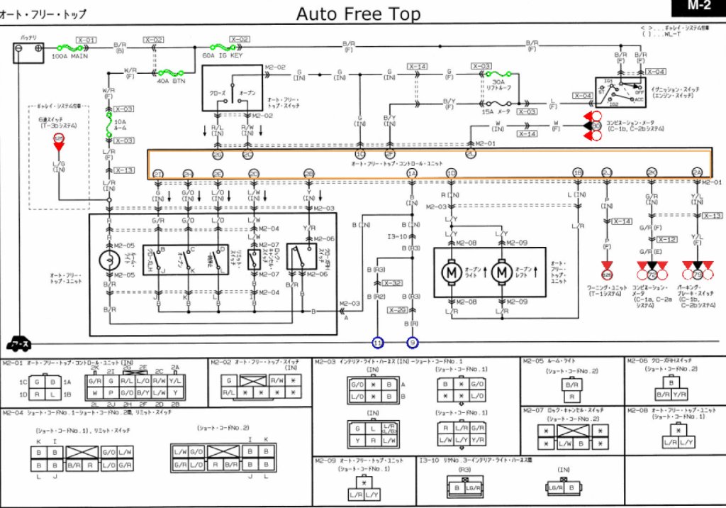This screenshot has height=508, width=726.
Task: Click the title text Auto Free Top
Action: point(358,13)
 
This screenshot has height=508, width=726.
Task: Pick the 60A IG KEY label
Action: point(222,55)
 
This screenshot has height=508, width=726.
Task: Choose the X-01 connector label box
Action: point(86,40)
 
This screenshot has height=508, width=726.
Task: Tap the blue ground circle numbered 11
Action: point(378,343)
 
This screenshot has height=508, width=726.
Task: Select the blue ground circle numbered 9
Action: point(413,343)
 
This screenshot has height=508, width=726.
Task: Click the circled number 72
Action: point(652,275)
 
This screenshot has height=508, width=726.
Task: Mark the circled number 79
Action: point(697,275)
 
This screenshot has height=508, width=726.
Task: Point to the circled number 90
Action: point(596,126)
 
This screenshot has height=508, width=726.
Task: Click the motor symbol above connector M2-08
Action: point(452,270)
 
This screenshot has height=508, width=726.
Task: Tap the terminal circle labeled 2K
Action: point(651,172)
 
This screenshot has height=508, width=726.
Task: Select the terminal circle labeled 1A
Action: point(412,172)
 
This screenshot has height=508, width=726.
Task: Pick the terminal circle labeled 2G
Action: point(218,154)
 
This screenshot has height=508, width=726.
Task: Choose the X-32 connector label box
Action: point(396,283)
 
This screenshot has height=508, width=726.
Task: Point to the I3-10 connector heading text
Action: point(433,461)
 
